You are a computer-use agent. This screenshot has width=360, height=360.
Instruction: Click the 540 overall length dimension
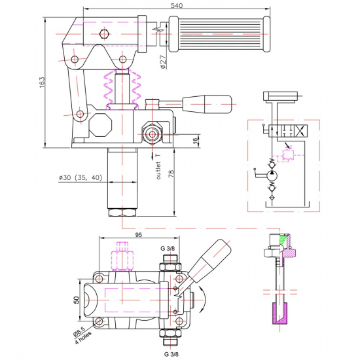(x=177, y=5)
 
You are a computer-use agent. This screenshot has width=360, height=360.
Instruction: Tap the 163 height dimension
(x=42, y=82)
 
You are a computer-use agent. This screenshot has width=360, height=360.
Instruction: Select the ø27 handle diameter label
(x=163, y=62)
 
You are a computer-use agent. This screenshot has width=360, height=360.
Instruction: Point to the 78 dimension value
(x=171, y=173)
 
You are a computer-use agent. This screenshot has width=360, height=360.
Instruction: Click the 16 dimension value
(x=195, y=141)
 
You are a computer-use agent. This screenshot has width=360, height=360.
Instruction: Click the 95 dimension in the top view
(x=139, y=234)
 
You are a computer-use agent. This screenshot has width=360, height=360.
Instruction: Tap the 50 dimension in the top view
(x=77, y=300)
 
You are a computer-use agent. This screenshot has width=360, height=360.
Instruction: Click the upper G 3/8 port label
(x=168, y=249)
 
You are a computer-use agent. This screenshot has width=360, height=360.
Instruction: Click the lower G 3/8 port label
(x=171, y=354)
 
